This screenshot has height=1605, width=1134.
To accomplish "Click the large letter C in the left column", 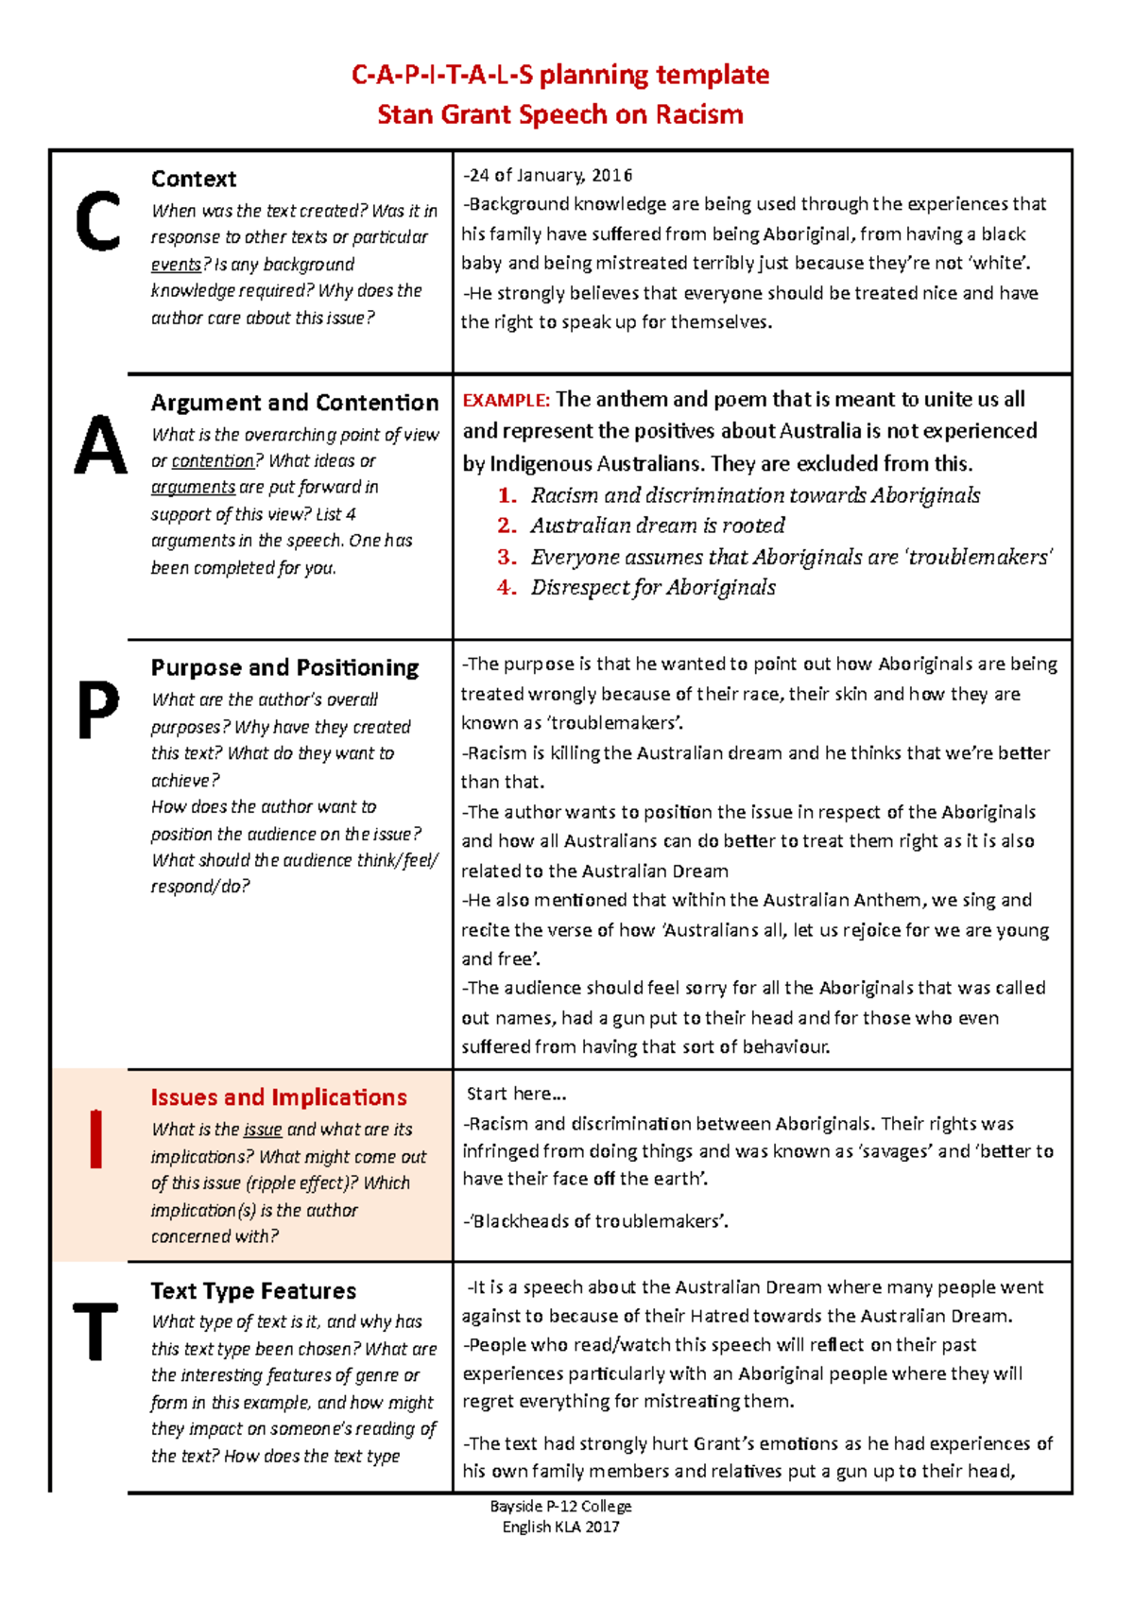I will pyautogui.click(x=97, y=221).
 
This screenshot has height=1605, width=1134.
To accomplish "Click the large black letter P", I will pyautogui.click(x=97, y=709).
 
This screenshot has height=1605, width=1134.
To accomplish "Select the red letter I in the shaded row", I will pyautogui.click(x=95, y=1139).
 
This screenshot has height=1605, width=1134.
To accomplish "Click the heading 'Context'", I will pyautogui.click(x=194, y=179).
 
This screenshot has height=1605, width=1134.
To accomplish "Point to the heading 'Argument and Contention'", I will pyautogui.click(x=294, y=403).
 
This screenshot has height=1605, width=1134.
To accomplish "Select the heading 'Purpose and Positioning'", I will pyautogui.click(x=284, y=667).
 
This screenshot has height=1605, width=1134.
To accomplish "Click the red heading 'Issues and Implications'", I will pyautogui.click(x=279, y=1097).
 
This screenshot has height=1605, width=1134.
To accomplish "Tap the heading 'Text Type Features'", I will pyautogui.click(x=253, y=1291).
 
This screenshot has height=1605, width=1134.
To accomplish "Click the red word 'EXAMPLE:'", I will pyautogui.click(x=506, y=401).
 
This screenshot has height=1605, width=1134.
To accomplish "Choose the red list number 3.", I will pyautogui.click(x=507, y=557).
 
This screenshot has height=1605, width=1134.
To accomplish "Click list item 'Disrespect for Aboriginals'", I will pyautogui.click(x=653, y=588).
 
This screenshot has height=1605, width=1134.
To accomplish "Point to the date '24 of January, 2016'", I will pyautogui.click(x=548, y=175).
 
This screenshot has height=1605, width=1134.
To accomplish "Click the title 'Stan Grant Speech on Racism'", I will pyautogui.click(x=560, y=115).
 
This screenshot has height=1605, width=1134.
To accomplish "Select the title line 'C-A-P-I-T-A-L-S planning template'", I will pyautogui.click(x=560, y=75).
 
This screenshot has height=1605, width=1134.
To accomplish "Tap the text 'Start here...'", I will pyautogui.click(x=516, y=1095).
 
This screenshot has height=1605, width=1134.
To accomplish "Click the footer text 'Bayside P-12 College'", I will pyautogui.click(x=560, y=1506).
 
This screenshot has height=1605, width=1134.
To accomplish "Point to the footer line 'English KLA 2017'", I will pyautogui.click(x=560, y=1527).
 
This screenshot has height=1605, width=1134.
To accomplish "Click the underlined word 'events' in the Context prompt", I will pyautogui.click(x=176, y=265).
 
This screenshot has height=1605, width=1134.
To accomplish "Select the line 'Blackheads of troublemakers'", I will pyautogui.click(x=597, y=1221).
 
